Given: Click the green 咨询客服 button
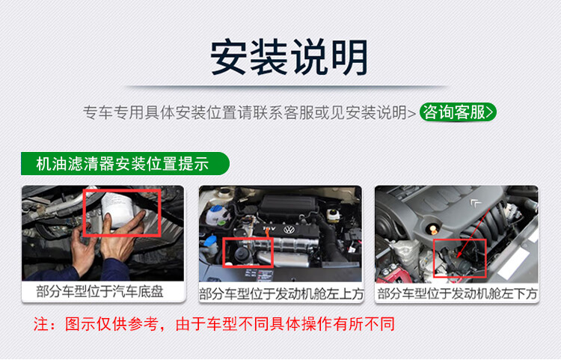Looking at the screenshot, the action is coord(458,112).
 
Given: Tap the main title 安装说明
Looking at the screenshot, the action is coord(289,58).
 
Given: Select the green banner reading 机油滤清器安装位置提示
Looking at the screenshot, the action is coord(125,164).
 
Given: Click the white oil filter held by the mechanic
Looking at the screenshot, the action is coord(117,210).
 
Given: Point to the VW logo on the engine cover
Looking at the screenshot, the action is coord(289,229).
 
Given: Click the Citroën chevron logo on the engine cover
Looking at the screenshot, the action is coord(476,204).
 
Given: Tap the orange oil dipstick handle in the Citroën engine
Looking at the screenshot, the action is coord(433,228).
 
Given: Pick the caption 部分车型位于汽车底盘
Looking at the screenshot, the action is coord(99,292).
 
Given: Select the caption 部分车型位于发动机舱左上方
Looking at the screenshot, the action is coord(281,294).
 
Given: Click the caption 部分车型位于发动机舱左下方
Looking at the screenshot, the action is coord(457,294).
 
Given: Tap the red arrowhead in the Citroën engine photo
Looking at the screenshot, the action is coord(460,254).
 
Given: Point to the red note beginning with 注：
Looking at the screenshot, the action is coord(214,324).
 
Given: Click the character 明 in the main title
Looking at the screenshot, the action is coord(349,58).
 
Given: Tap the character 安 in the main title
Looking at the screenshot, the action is coord(230,58).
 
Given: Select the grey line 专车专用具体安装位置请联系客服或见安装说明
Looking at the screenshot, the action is coord(249,112).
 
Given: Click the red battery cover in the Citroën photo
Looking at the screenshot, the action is coord(393,275).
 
